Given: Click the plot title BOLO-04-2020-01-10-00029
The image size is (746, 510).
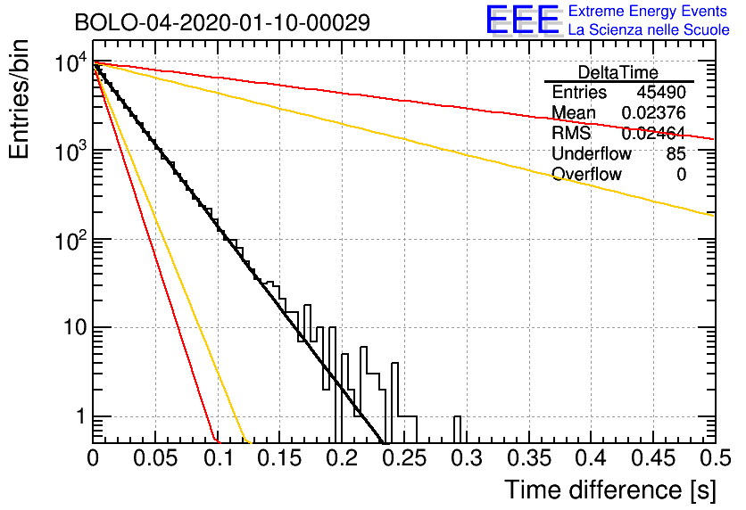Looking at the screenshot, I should click(221, 22).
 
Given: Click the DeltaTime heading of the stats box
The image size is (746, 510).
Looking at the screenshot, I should click(618, 72).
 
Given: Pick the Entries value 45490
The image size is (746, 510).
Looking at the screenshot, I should click(661, 93).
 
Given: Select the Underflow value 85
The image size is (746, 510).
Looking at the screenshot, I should click(676, 154).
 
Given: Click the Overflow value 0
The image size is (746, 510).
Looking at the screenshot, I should click(681, 175).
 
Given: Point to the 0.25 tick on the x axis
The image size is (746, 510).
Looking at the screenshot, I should click(404, 458).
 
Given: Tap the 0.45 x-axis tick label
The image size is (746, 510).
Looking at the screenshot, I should click(653, 458).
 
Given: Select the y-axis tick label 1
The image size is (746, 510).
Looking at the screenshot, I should click(79, 416).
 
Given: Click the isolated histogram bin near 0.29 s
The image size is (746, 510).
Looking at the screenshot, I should click(458, 428).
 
